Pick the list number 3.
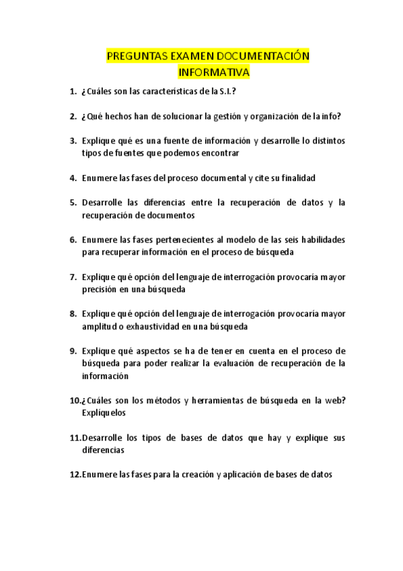pyautogui.click(x=73, y=141)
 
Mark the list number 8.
pyautogui.click(x=73, y=314)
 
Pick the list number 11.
pyautogui.click(x=75, y=438)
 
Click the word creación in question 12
pyautogui.click(x=192, y=475)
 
